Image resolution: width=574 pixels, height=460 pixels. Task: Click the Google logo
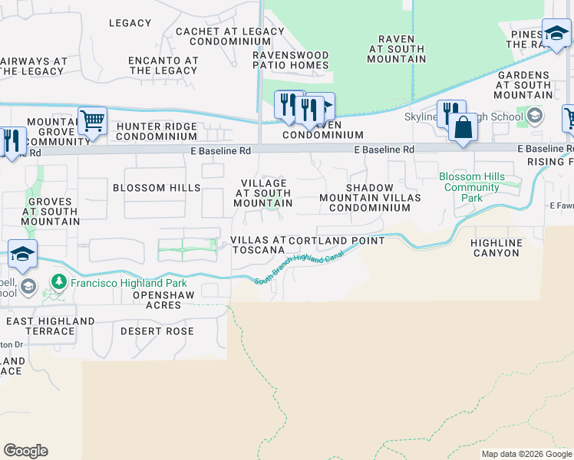[x=26, y=451]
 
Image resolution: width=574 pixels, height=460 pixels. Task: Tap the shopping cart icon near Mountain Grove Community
[x=92, y=121]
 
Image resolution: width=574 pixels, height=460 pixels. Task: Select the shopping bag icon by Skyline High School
[x=463, y=127]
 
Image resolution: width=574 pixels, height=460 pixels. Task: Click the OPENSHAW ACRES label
[x=157, y=300]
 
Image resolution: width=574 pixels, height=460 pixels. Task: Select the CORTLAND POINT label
[x=336, y=241]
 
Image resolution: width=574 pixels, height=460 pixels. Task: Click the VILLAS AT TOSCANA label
[x=259, y=245]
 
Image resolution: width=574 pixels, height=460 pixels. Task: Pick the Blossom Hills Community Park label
[x=472, y=187]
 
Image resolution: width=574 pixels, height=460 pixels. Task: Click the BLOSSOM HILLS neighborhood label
[x=157, y=188]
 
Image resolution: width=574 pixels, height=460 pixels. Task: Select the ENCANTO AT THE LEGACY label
[x=163, y=65]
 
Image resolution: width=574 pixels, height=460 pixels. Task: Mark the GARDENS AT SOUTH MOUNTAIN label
[x=523, y=84]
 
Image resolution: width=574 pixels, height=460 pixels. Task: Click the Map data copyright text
[x=526, y=454]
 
